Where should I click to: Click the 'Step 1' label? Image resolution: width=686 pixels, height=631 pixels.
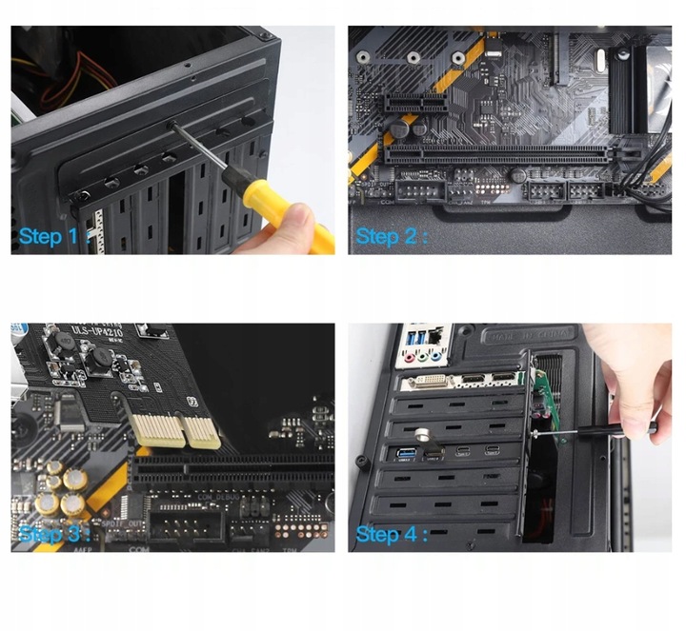click(x=52, y=236)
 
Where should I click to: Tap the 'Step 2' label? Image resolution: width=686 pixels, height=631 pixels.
click(x=390, y=235)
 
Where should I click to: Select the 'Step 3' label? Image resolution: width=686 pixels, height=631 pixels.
click(x=52, y=533)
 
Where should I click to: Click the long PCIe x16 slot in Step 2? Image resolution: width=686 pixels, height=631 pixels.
click(x=495, y=152)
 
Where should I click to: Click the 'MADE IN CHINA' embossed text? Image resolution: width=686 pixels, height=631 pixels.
click(x=529, y=335)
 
